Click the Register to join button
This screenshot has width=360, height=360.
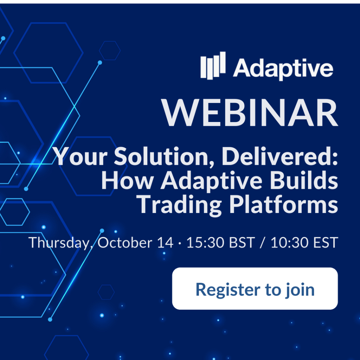255,288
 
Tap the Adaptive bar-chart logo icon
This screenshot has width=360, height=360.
213,66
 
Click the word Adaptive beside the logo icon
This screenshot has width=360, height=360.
283,68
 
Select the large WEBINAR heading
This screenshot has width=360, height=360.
250,113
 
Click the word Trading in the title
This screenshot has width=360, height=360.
179,205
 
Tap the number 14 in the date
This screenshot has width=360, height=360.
165,243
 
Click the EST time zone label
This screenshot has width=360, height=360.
326,243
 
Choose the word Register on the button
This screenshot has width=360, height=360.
228,290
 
